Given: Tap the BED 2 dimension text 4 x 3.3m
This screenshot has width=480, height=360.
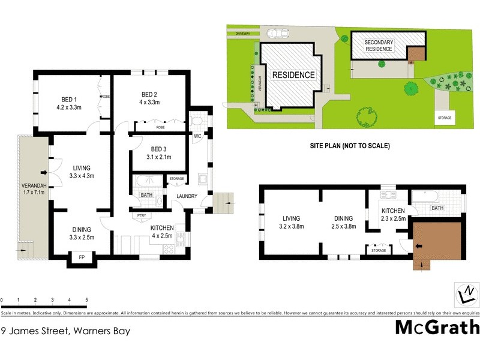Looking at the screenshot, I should [149, 103].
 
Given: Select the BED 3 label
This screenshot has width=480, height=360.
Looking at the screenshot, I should [158, 149].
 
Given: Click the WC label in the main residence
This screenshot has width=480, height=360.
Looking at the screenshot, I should [197, 136].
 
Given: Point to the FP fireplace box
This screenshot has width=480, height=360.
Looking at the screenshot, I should [82, 259].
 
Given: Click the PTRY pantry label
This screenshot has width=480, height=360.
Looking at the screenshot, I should [141, 215].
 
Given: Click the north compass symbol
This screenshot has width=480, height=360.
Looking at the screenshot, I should [464, 295].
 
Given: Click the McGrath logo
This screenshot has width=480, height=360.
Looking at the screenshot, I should [437, 327].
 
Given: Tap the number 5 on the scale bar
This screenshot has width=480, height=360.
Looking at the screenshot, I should [86, 299].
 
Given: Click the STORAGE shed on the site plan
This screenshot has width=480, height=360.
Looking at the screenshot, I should [444, 118].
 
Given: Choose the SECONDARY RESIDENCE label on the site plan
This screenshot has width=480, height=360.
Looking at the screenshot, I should [379, 46].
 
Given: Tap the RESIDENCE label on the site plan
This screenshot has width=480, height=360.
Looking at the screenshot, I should [293, 75].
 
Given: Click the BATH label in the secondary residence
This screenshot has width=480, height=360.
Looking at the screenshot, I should [437, 208].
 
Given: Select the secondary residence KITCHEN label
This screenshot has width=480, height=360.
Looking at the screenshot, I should [394, 211].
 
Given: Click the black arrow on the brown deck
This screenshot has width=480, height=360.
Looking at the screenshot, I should [418, 245].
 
